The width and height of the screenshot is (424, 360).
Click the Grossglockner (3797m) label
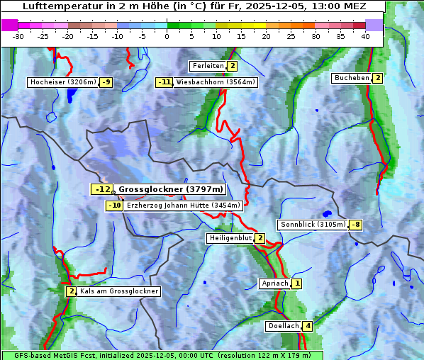pyautogui.click(x=170, y=189)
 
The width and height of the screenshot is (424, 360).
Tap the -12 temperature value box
pyautogui.click(x=102, y=189)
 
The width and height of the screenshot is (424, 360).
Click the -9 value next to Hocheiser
pyautogui.click(x=106, y=82)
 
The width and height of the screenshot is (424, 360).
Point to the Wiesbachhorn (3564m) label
pyautogui.click(x=216, y=82)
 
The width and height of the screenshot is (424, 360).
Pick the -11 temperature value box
pyautogui.click(x=164, y=82)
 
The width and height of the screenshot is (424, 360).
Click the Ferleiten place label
pyautogui.click(x=208, y=66)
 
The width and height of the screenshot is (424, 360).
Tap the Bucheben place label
pyautogui.click(x=352, y=78)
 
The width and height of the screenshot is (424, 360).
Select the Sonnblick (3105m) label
pyautogui.click(x=313, y=225)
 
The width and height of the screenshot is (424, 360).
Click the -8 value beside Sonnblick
pyautogui.click(x=356, y=225)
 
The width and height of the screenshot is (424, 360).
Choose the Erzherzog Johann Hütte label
pyautogui.click(x=184, y=206)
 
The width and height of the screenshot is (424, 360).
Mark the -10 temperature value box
pyautogui.click(x=114, y=206)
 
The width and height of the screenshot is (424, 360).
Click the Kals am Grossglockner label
pyautogui.click(x=118, y=291)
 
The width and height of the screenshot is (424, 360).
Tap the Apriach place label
pyautogui.click(x=275, y=283)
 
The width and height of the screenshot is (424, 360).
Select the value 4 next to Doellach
pyautogui.click(x=307, y=326)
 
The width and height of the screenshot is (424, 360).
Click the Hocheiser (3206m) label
pyautogui.click(x=62, y=82)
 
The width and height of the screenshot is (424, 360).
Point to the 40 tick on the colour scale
pyautogui.click(x=365, y=36)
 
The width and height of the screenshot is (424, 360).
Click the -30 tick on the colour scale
pyautogui.click(x=18, y=36)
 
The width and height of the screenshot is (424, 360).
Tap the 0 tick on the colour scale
pyautogui.click(x=167, y=36)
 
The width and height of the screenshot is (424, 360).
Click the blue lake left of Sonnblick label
pyautogui.click(x=326, y=213)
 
